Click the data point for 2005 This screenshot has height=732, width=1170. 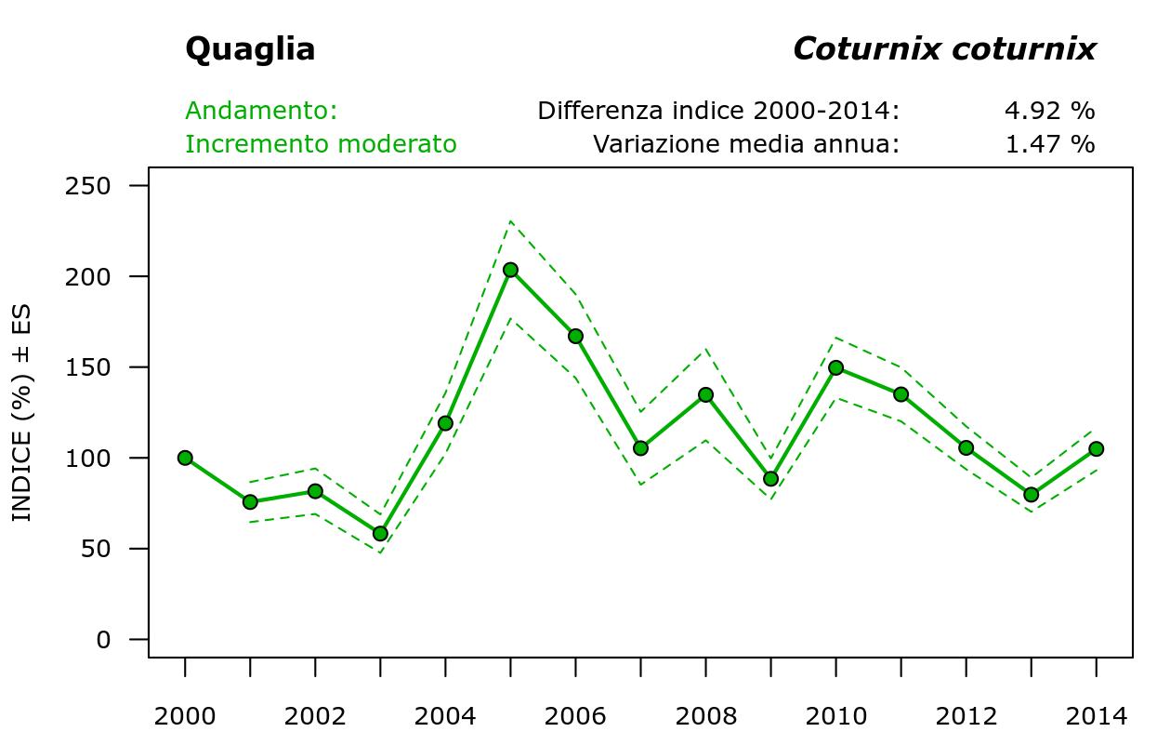coord(510,270)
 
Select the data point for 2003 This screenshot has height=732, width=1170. coord(380,534)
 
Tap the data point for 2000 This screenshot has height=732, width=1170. coord(185,458)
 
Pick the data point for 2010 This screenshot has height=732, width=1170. coord(835,367)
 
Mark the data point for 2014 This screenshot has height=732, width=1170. coord(1096,449)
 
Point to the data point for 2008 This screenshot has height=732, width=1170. coord(705,394)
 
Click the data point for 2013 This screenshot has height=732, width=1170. coord(1031,495)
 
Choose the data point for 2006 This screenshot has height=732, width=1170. coord(575,336)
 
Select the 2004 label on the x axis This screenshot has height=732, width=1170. coord(445,716)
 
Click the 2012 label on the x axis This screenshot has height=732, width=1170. coord(966,716)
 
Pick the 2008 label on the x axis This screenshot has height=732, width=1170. coord(705,716)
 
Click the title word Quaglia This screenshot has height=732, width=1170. coord(250,49)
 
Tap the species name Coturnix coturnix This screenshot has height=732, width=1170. coord(944,49)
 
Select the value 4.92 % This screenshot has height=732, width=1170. coord(1049,111)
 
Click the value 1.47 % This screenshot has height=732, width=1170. coord(1049,144)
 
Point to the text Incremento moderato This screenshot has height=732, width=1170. coord(321,144)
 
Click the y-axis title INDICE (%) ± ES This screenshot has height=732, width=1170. coord(21,413)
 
